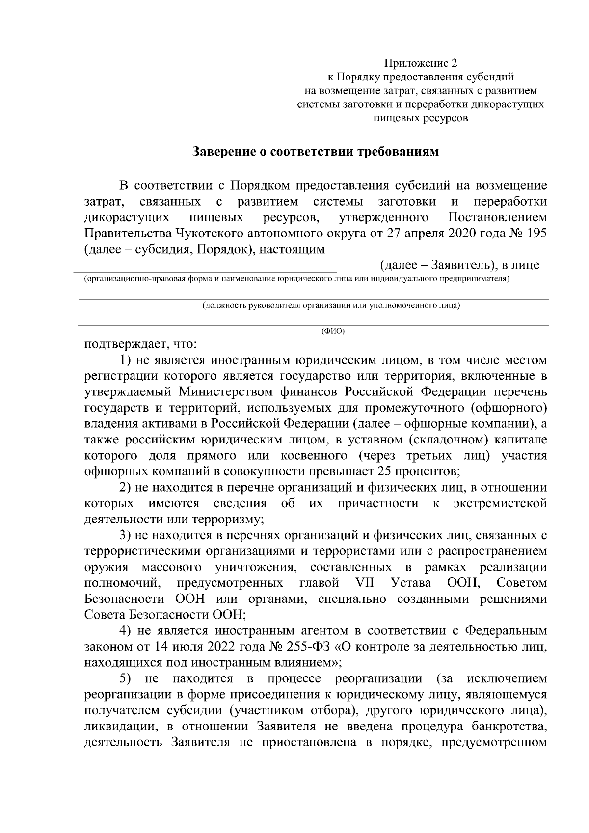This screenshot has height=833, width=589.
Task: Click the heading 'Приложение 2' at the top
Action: click(421, 63)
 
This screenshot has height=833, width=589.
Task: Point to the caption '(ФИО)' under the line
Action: click(333, 331)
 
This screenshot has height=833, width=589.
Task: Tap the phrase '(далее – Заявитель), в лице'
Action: click(460, 265)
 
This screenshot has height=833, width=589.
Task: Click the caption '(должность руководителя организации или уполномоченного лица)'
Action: click(332, 306)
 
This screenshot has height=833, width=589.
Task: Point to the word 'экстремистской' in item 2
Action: click(500, 503)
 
